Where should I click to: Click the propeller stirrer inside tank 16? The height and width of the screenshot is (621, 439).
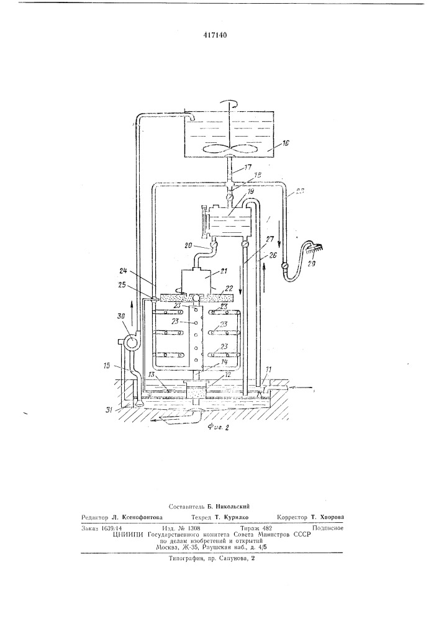click(x=229, y=149)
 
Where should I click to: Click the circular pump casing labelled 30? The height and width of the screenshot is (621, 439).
click(x=132, y=342)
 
